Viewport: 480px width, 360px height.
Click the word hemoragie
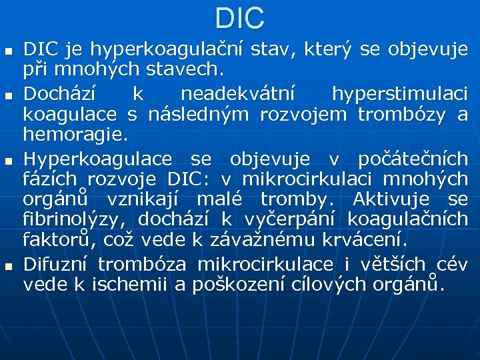(74, 135)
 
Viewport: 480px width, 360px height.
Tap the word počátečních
(413, 159)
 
